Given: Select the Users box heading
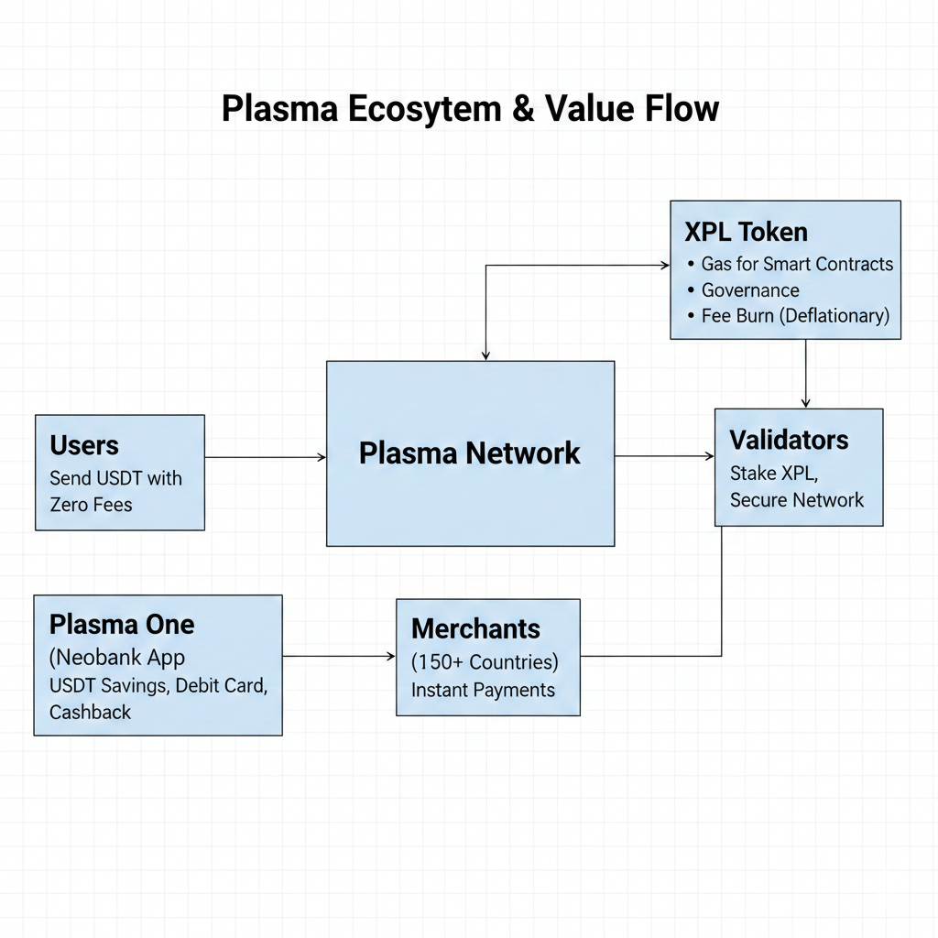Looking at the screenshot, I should point(84,446).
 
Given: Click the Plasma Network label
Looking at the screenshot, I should point(469,453).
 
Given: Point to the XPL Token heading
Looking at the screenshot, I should point(746,231).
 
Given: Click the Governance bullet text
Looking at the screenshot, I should point(750,290).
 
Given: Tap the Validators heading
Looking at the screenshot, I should point(789,440).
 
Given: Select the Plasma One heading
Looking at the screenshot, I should point(122,625).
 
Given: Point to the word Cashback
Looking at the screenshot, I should point(91,712).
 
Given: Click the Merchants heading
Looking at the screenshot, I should point(475,629).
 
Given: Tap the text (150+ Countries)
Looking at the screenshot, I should point(485,661).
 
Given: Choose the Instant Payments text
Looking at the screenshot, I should point(483,690).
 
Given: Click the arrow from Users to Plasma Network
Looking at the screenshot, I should point(265,457).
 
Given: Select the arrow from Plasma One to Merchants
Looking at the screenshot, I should point(338,656).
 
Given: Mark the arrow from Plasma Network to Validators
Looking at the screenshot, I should point(664,455).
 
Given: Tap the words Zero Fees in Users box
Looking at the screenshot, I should point(92,505).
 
